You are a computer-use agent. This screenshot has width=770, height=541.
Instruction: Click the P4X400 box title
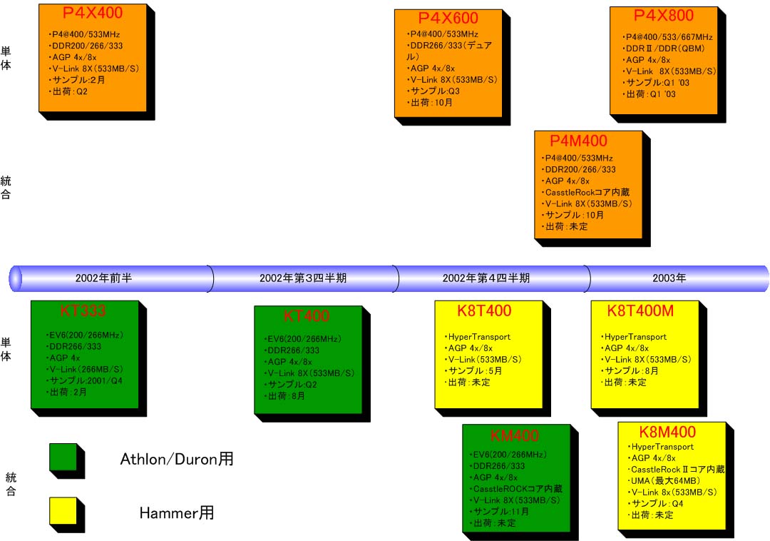pyautogui.click(x=93, y=12)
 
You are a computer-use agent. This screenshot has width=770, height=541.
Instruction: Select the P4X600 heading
pyautogui.click(x=448, y=19)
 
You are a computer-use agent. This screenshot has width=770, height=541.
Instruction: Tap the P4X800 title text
pyautogui.click(x=663, y=15)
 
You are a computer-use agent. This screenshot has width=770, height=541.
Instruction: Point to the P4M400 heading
pyautogui.click(x=578, y=141)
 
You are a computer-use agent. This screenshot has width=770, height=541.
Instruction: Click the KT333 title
pyautogui.click(x=83, y=310)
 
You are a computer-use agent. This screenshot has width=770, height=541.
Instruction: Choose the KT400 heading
pyautogui.click(x=307, y=316)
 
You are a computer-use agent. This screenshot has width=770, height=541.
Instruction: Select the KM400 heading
pyautogui.click(x=515, y=435)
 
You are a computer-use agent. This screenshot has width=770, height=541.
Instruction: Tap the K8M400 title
pyautogui.click(x=667, y=432)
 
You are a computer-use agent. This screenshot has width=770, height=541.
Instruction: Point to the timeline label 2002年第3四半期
pyautogui.click(x=303, y=278)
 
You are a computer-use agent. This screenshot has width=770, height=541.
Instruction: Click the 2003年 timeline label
pyautogui.click(x=669, y=278)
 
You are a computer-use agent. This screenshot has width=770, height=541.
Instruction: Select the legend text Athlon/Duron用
pyautogui.click(x=176, y=460)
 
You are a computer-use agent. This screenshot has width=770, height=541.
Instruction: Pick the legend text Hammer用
pyautogui.click(x=176, y=512)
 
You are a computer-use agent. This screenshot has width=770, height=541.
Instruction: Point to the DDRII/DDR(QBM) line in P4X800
pyautogui.click(x=666, y=49)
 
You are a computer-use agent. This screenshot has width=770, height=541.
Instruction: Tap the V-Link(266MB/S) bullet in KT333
pyautogui.click(x=86, y=369)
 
